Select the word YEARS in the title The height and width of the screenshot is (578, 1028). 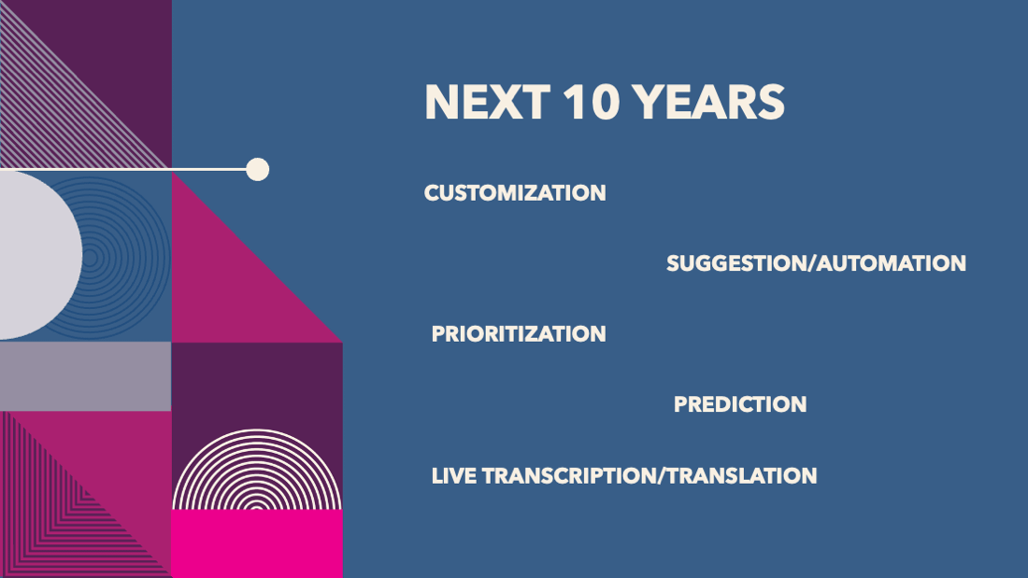(x=708, y=102)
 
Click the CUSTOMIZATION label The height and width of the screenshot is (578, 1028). (x=515, y=193)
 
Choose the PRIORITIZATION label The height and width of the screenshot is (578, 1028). (x=519, y=334)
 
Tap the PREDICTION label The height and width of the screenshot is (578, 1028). (x=740, y=404)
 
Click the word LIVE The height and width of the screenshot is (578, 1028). (x=453, y=476)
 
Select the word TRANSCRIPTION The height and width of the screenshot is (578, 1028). (x=569, y=476)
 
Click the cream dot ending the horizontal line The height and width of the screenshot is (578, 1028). (x=258, y=169)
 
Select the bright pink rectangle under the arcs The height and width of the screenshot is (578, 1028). (x=257, y=544)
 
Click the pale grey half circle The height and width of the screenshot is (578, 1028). (x=39, y=256)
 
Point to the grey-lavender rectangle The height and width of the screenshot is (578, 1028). (x=85, y=376)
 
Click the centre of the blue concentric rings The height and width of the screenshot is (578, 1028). (x=92, y=258)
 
